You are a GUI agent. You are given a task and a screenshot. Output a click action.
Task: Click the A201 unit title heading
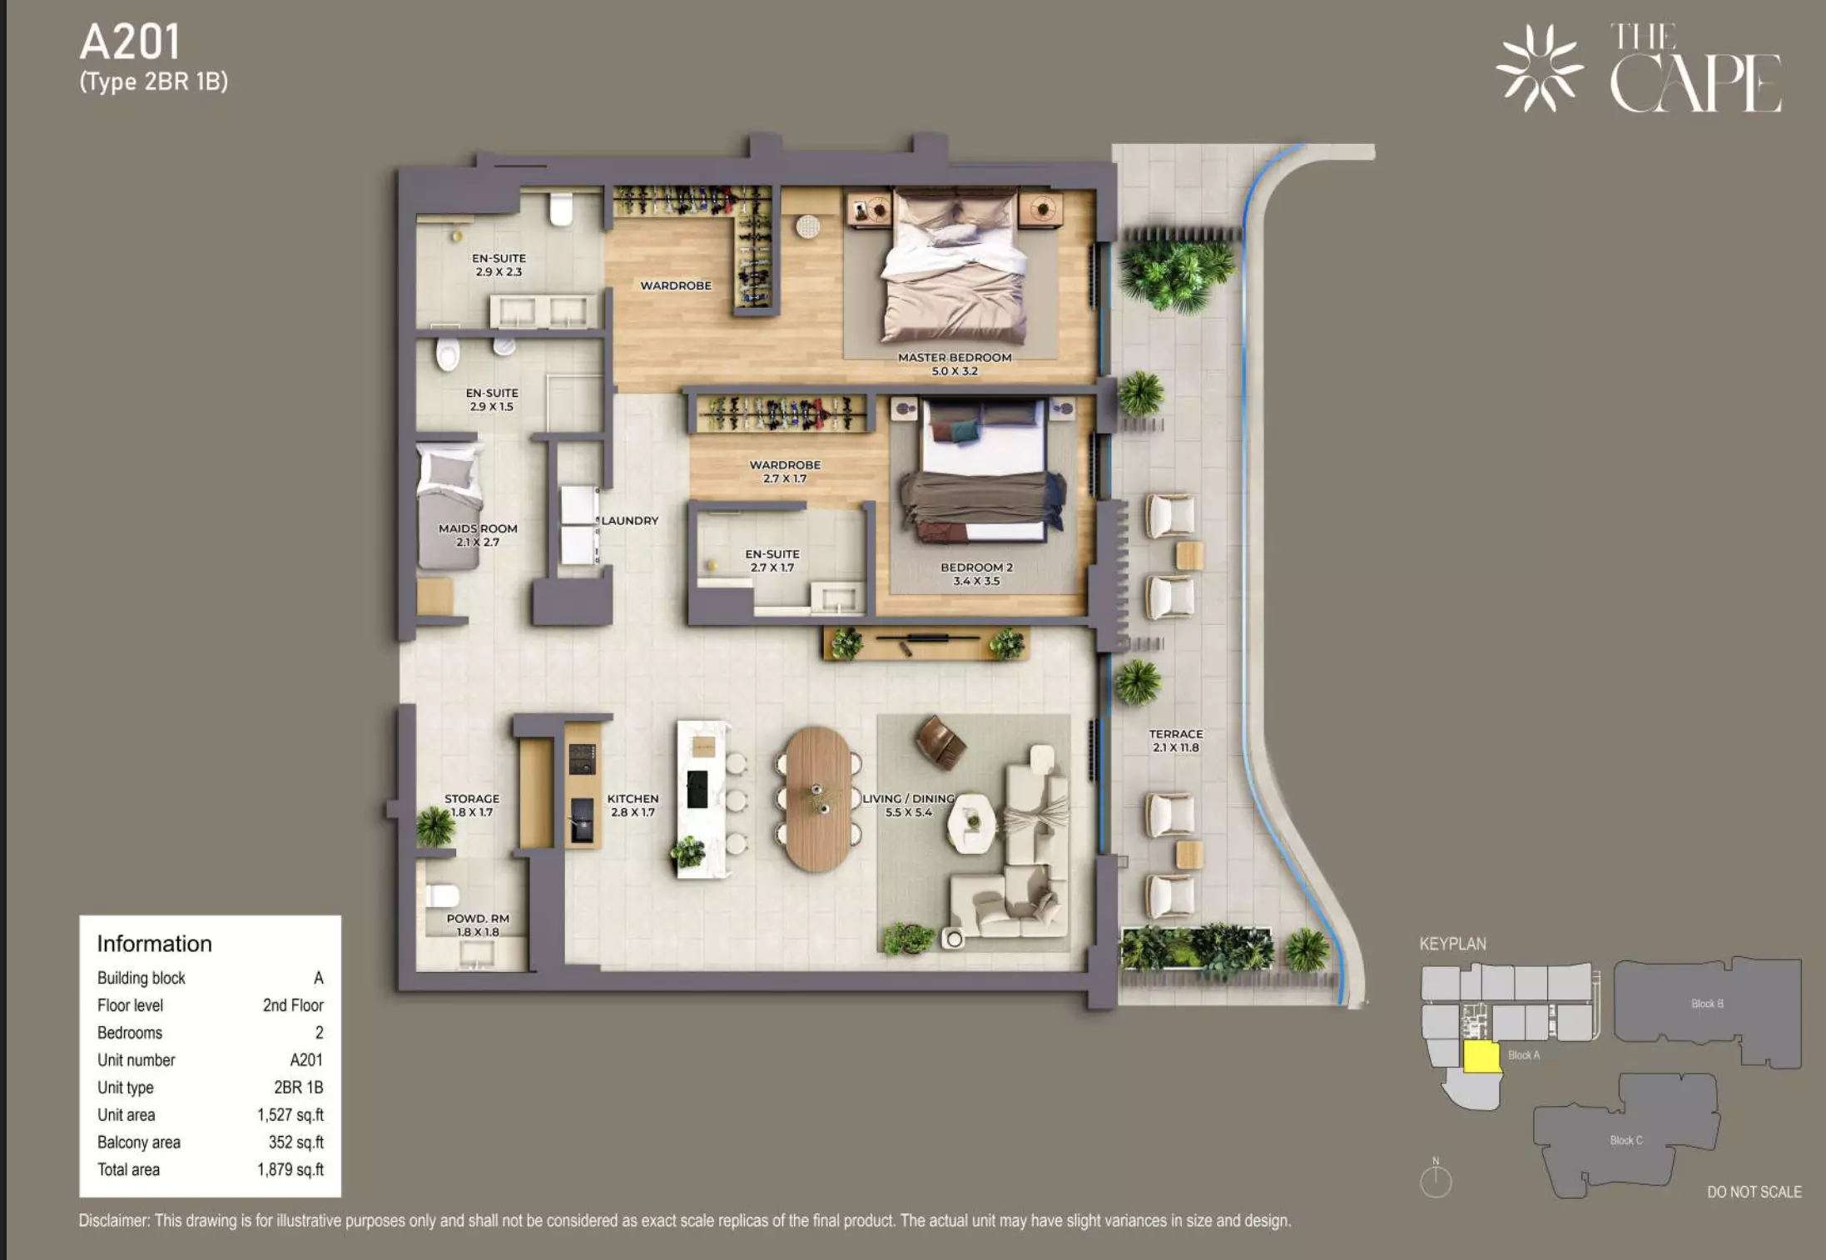130,42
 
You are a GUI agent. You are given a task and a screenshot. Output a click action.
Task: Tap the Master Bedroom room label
955,364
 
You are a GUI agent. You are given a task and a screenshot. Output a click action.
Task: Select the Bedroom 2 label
976,574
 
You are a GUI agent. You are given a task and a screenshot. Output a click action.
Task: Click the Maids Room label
478,535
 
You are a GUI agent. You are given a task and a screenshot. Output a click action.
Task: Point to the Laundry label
630,520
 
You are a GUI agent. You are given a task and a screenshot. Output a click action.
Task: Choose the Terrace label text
1176,741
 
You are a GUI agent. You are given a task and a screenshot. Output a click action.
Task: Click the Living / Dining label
909,805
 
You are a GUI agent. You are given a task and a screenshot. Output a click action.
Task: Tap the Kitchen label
633,805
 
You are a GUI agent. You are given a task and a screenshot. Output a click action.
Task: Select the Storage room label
472,805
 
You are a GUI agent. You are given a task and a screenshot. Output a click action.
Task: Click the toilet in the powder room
443,895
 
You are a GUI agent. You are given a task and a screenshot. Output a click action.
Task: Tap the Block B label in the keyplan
1707,1004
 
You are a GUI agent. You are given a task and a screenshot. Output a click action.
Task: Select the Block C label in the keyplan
1626,1140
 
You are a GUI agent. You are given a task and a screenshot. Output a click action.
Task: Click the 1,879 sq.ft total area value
290,1169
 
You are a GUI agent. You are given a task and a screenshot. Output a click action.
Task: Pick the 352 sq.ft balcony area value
296,1142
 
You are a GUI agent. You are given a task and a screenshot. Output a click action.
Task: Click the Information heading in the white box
155,944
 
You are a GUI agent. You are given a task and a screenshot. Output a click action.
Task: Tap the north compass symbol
1436,1179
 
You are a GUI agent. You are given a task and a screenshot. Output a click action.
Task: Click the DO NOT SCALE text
1754,1192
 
